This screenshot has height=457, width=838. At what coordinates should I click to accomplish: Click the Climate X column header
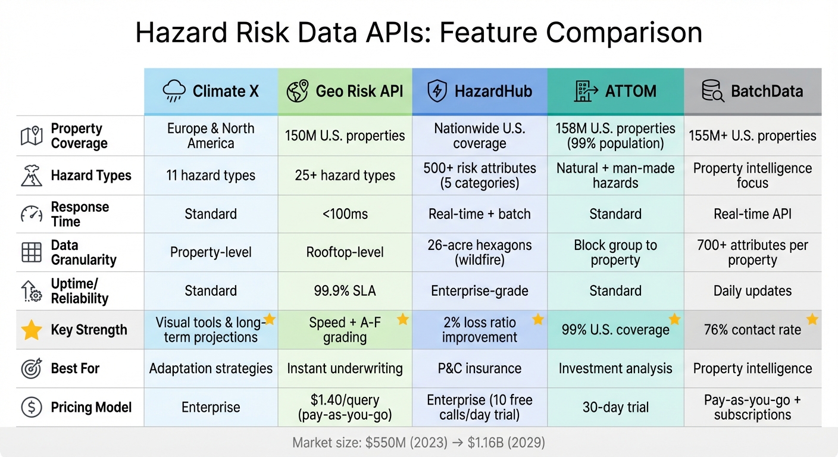[x=211, y=91]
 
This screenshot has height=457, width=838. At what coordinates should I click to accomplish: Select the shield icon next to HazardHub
[x=437, y=91]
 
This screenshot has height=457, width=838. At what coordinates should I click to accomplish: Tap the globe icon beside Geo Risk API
[x=297, y=91]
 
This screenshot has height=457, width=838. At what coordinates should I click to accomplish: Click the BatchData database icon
[x=712, y=91]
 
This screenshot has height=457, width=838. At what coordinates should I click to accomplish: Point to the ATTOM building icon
[x=586, y=91]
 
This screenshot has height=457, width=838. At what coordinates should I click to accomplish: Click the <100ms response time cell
[x=345, y=214]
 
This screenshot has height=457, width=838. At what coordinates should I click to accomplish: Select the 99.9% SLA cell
[x=345, y=291]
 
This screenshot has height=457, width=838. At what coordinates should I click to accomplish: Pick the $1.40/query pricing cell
[x=345, y=408]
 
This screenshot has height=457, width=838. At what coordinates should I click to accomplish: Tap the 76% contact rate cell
[x=752, y=330]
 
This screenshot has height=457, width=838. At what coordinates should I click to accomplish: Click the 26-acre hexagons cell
[x=480, y=253]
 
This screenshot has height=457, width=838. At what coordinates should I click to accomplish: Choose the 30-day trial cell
[x=615, y=408]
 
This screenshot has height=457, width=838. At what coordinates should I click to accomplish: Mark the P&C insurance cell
[x=480, y=368]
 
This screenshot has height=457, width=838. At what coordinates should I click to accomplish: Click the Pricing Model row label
[x=91, y=408]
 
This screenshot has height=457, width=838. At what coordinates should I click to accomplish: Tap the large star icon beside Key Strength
[x=32, y=330]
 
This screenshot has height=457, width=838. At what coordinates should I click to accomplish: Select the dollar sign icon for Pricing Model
[x=32, y=408]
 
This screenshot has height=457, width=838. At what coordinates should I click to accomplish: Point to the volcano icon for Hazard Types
[x=32, y=176]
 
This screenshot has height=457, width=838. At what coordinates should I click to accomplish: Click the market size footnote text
[x=419, y=443]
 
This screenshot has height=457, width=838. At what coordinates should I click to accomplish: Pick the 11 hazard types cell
[x=211, y=176]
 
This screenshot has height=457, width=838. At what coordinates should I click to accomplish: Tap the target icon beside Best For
[x=32, y=368]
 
